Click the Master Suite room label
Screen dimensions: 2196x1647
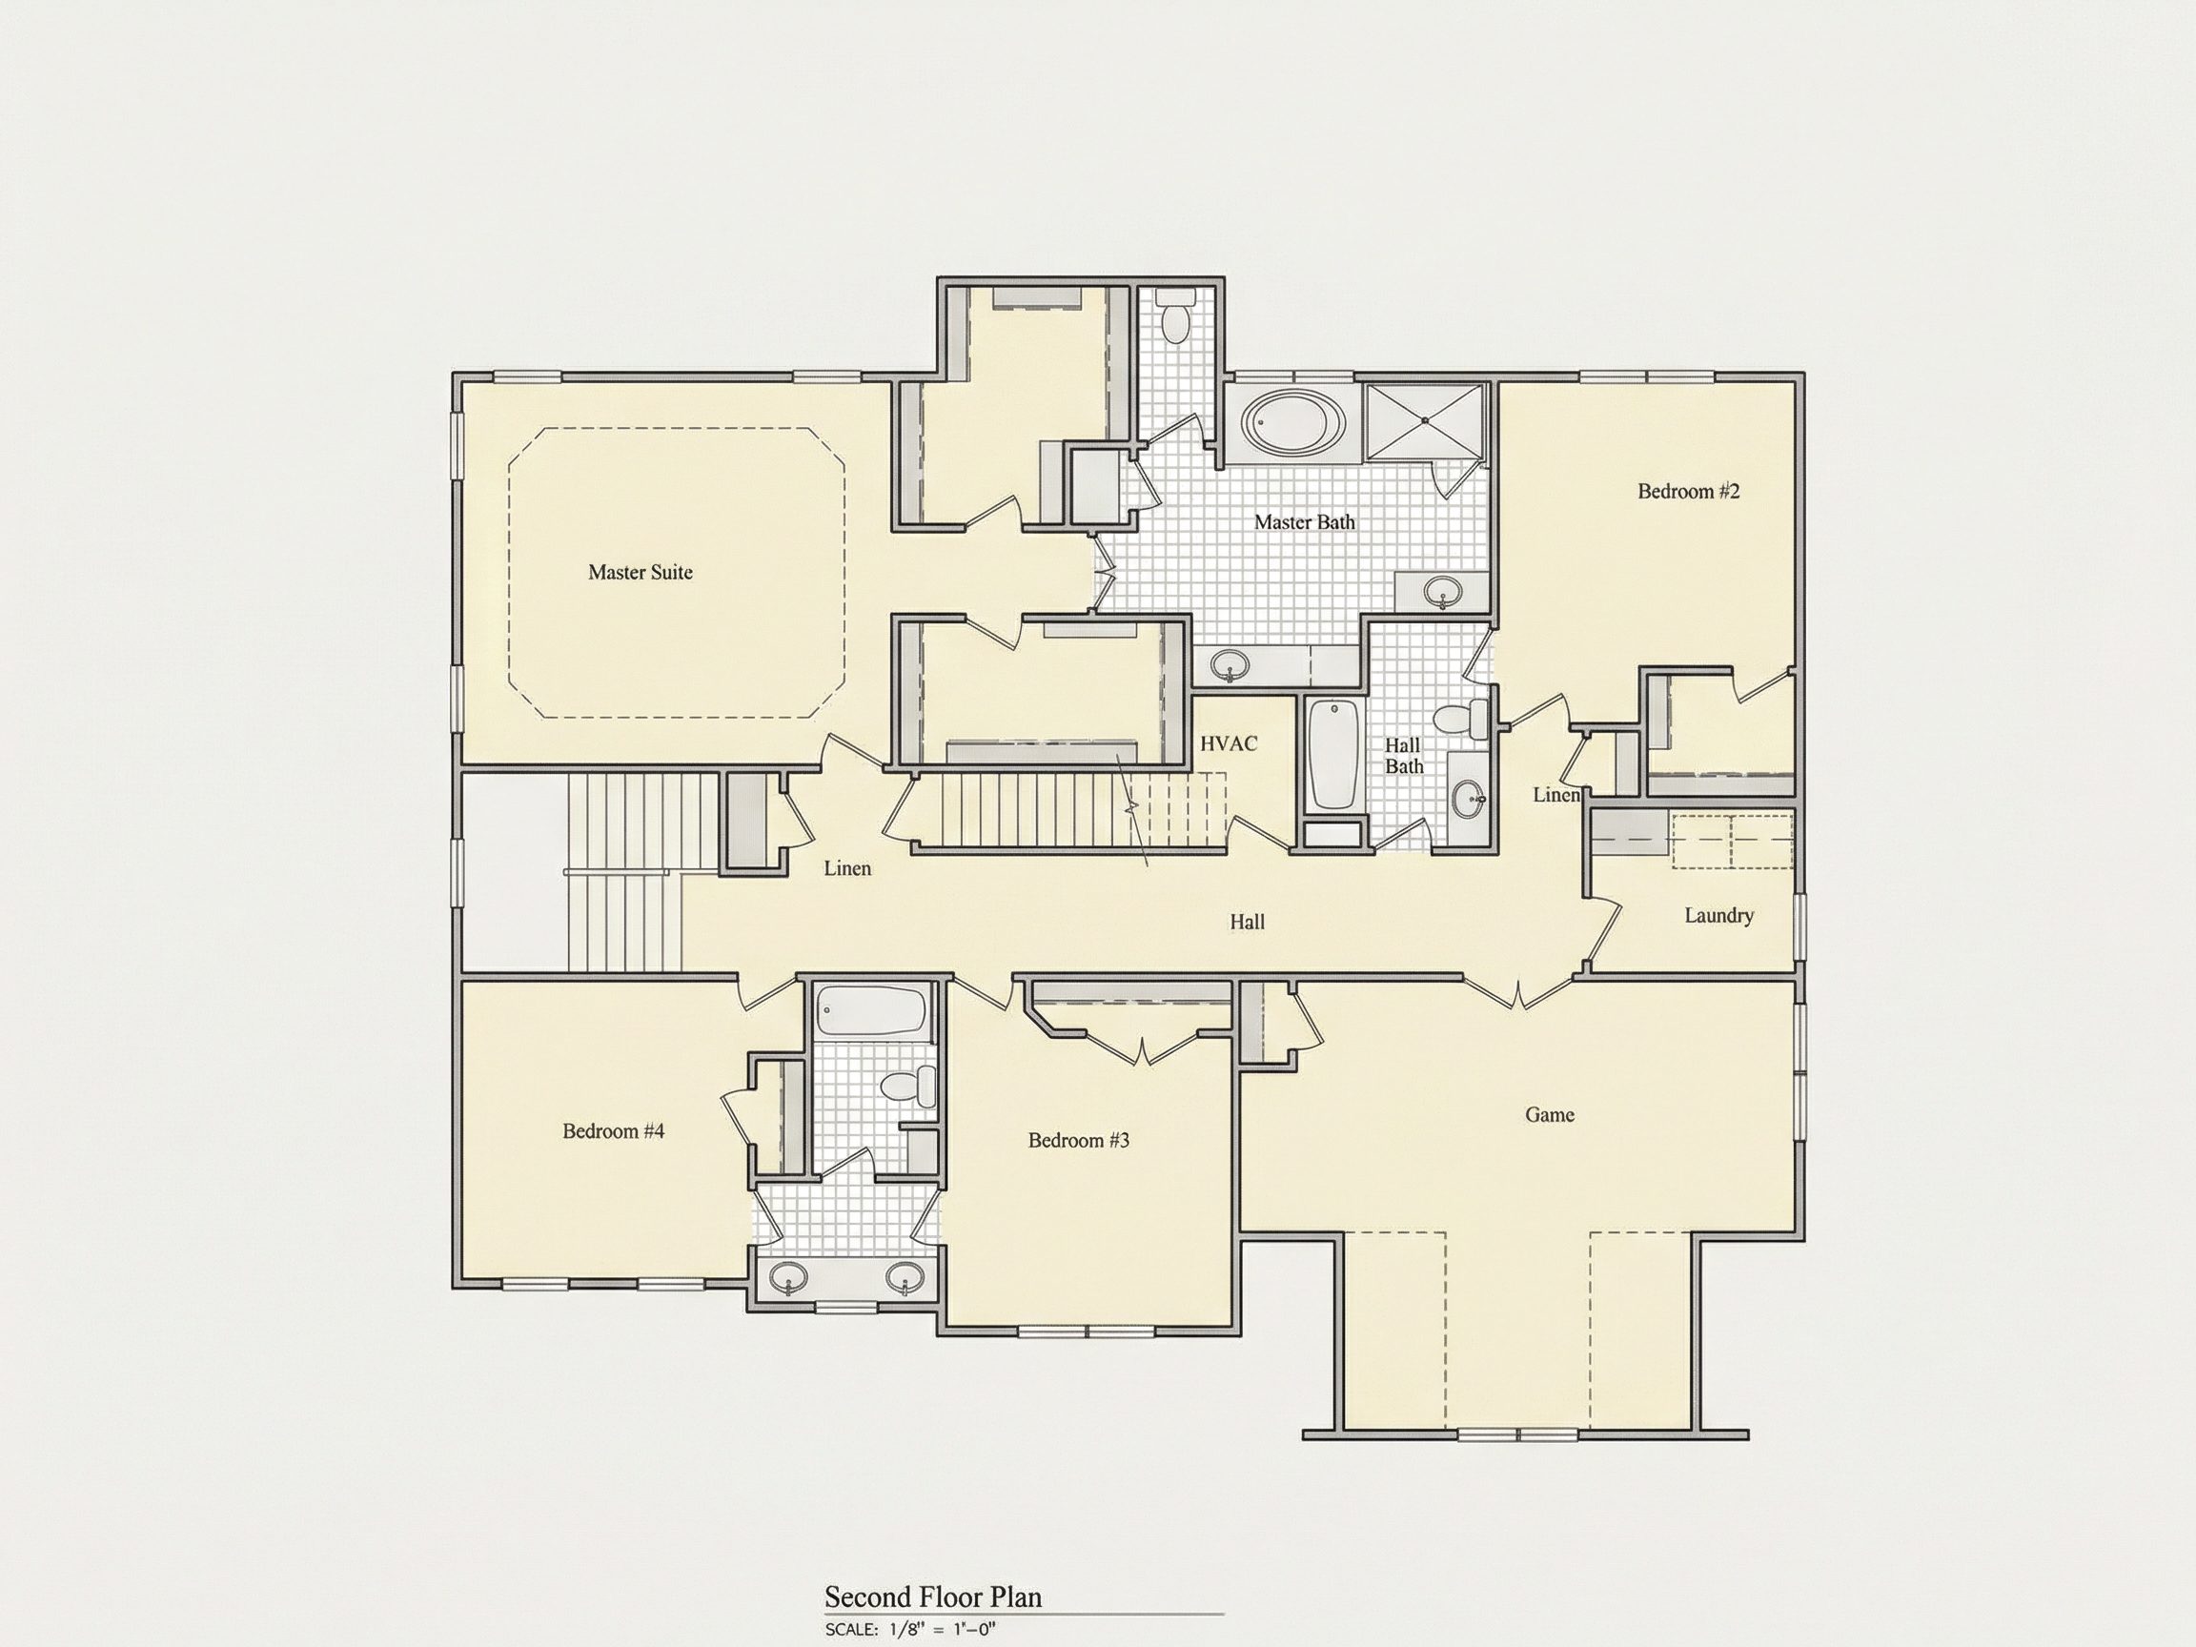640,572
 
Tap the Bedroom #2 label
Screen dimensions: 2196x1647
1689,491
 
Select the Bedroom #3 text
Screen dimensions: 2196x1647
1079,1140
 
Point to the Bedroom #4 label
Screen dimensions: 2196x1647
614,1130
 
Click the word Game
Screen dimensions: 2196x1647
1550,1115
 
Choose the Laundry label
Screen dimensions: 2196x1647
1719,915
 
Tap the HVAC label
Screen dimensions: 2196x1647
1229,742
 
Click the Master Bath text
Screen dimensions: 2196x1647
1305,521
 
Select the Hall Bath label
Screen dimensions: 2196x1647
1404,756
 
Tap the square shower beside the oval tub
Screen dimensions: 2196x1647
1425,422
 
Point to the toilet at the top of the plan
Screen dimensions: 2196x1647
1176,315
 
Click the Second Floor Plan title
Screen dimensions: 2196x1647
933,1596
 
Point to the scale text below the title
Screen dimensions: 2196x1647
909,1629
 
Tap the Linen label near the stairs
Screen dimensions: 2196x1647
848,868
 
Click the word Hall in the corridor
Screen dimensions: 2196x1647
1248,923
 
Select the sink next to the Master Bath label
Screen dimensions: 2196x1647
1442,593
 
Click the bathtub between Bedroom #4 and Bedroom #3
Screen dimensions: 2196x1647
870,1011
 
